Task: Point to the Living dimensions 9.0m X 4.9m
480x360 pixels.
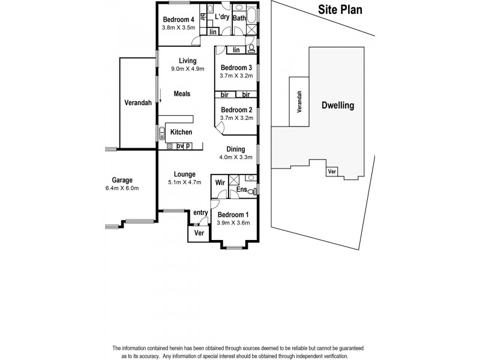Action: [x=187, y=69]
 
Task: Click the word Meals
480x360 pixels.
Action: [x=182, y=94]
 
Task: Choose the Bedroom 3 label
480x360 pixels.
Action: [x=235, y=67]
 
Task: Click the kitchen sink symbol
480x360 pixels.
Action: [x=161, y=134]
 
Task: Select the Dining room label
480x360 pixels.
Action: [x=235, y=150]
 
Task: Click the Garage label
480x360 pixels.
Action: [x=122, y=180]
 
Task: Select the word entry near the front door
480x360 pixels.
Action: [x=200, y=212]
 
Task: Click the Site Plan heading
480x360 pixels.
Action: [x=340, y=10]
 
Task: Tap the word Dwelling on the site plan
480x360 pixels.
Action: [x=338, y=106]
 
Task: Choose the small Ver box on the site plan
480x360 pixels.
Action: [x=331, y=172]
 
